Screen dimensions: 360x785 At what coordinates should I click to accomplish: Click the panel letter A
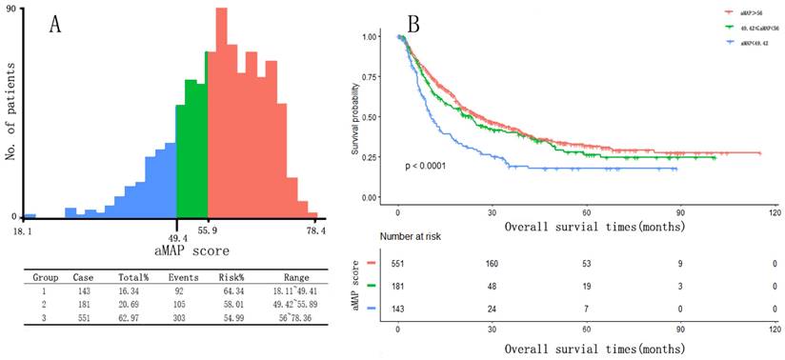click(x=56, y=26)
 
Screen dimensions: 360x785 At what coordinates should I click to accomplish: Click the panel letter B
click(x=416, y=21)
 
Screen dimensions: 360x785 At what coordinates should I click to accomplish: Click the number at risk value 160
click(x=493, y=262)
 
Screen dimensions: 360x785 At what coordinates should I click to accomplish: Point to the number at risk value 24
click(x=493, y=309)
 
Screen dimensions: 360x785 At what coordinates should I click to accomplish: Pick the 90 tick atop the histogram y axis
click(x=10, y=9)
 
